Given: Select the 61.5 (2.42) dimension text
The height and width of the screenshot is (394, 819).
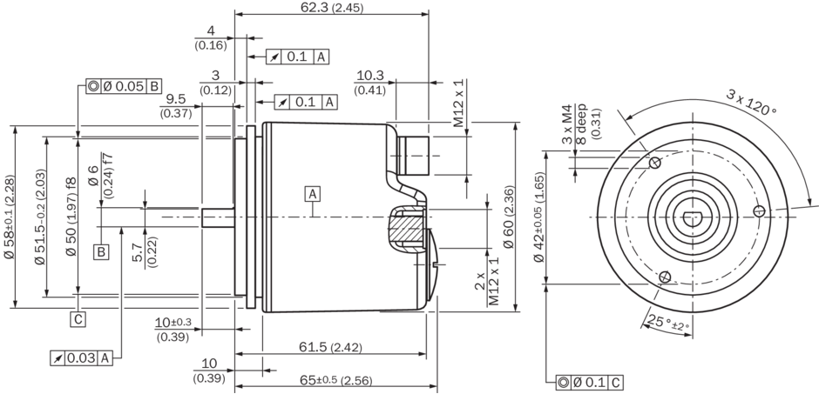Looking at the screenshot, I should pyautogui.click(x=330, y=347).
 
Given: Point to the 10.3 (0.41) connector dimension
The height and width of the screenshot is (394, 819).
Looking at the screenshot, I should pyautogui.click(x=370, y=82).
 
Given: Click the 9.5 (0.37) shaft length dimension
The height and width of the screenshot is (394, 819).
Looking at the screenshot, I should pyautogui.click(x=176, y=105).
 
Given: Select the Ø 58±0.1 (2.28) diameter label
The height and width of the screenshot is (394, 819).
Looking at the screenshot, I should pyautogui.click(x=10, y=217).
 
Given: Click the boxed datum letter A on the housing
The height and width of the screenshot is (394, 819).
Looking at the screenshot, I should pyautogui.click(x=312, y=192).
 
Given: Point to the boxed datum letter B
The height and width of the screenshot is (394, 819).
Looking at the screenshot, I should pyautogui.click(x=102, y=252).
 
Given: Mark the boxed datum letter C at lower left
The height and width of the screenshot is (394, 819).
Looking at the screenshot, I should pyautogui.click(x=79, y=318).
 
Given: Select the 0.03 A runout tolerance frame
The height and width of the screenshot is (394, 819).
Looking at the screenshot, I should pyautogui.click(x=82, y=357).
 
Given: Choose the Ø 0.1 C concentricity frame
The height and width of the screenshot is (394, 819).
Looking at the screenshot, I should pyautogui.click(x=590, y=381).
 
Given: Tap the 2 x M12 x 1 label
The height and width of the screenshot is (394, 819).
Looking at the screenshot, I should pyautogui.click(x=487, y=279).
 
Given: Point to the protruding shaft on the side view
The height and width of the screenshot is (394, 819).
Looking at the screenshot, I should pyautogui.click(x=217, y=217).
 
